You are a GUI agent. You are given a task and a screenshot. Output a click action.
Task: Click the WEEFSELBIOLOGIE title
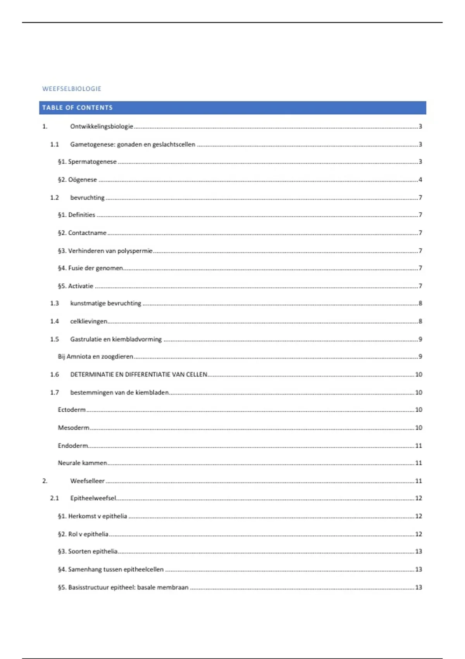(72, 89)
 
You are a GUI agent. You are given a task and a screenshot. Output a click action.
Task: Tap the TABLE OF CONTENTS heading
(77, 108)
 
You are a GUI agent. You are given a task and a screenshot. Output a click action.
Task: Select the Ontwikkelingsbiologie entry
(102, 126)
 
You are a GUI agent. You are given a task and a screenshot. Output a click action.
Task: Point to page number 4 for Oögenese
(420, 179)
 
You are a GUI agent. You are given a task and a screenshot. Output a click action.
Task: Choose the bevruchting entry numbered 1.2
(87, 198)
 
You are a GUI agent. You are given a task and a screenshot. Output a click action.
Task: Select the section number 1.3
(54, 303)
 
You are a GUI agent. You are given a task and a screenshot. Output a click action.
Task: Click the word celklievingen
(89, 321)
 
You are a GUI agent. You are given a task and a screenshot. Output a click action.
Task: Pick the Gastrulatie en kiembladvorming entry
(116, 339)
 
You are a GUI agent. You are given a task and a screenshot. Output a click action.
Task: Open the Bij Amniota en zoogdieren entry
(95, 357)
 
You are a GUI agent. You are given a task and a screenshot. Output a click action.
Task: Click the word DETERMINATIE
(90, 374)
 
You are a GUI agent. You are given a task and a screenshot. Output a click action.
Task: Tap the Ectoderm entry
(72, 410)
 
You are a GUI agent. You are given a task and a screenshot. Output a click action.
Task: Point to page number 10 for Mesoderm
(418, 428)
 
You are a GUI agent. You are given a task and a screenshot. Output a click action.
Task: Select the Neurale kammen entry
(82, 463)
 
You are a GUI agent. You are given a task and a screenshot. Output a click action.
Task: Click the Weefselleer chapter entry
(87, 481)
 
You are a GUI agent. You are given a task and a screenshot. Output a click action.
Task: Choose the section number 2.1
(54, 498)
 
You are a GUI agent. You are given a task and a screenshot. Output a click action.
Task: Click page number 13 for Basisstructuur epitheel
(418, 587)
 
